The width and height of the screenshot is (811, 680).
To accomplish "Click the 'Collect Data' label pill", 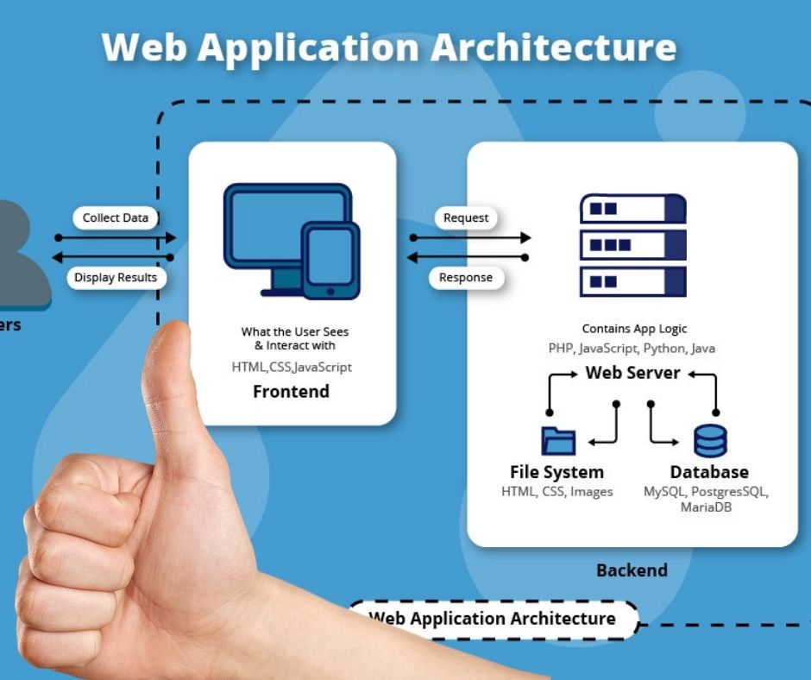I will click(116, 218).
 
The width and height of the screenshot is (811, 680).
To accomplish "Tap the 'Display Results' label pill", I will click(116, 278).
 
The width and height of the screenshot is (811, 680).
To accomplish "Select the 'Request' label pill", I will click(466, 218).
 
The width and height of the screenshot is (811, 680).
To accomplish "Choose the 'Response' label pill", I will click(466, 278).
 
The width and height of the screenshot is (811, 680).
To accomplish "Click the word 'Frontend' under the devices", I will click(291, 392).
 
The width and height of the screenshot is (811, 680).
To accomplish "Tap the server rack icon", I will click(633, 245).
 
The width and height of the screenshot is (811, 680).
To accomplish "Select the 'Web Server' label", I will click(633, 373).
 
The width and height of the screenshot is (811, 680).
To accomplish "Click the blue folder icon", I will click(558, 441).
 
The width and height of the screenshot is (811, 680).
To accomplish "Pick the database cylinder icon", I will click(710, 441).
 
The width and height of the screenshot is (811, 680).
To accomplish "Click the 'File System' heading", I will click(556, 472).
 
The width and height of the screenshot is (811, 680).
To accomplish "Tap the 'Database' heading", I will click(709, 472).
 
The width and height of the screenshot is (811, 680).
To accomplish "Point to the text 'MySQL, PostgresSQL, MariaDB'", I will click(706, 499).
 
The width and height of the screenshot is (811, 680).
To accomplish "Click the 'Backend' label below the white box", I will click(632, 570).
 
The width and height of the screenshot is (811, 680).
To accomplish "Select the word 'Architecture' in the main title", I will click(553, 47).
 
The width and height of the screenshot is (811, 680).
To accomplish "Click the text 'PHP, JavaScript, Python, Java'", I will click(632, 349).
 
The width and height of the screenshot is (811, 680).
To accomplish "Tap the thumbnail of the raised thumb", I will click(173, 371).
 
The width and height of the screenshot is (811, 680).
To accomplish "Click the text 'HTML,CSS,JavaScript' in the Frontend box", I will click(292, 367).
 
